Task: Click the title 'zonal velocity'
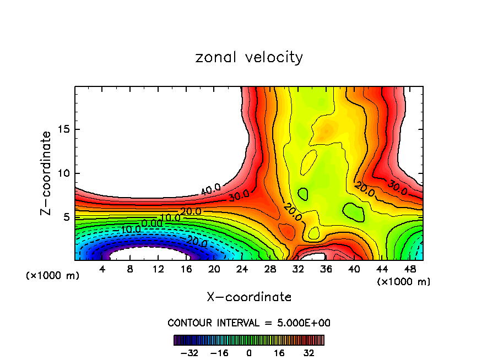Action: tap(249, 57)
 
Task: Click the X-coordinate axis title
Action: tap(249, 297)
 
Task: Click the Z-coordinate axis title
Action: tap(47, 173)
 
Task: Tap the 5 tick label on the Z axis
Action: tap(68, 217)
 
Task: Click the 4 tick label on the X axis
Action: tap(102, 270)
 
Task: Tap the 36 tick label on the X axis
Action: tap(326, 270)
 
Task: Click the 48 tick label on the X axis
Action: tap(410, 270)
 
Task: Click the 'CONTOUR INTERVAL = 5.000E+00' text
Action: tap(249, 323)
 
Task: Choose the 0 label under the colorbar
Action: tap(249, 353)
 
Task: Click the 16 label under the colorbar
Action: tap(279, 353)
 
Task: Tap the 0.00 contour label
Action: tap(151, 223)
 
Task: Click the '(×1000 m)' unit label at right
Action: tap(404, 282)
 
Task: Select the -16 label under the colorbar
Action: tap(219, 353)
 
